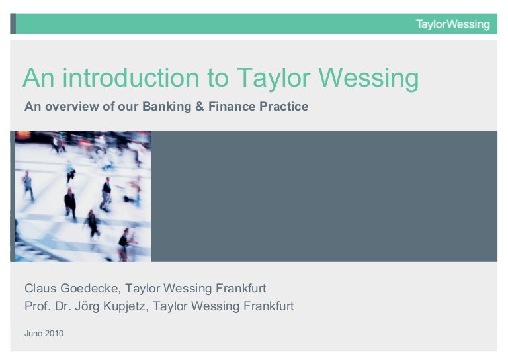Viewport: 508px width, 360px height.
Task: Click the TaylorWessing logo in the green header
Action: click(452, 24)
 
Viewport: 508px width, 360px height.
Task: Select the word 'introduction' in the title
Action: click(130, 78)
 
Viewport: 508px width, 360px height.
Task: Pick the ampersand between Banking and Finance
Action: click(199, 106)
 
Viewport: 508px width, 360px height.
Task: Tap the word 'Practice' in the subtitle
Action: click(284, 106)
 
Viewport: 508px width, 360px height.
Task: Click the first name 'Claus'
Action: click(40, 289)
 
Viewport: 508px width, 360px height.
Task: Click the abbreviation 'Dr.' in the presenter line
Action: click(63, 306)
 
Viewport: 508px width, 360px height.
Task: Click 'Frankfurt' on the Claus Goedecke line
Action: click(240, 289)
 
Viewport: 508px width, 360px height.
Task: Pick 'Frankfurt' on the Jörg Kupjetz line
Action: click(268, 306)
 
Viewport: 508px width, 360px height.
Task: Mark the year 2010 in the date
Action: click(54, 334)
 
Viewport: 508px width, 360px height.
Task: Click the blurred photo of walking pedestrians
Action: click(83, 196)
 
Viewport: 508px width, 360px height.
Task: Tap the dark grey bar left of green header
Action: click(13, 24)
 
